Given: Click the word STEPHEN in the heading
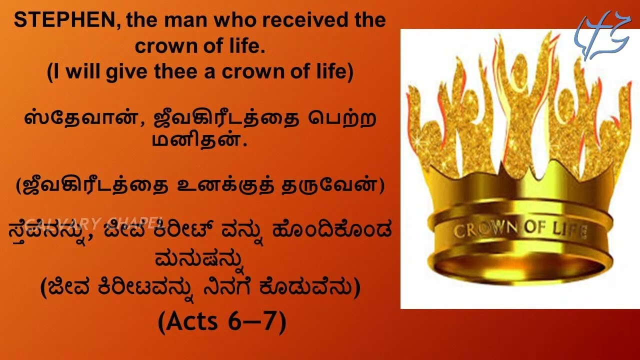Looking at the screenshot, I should (67, 21).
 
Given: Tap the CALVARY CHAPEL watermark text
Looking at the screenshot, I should (95, 221).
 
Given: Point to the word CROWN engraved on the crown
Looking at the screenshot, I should (484, 229).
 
